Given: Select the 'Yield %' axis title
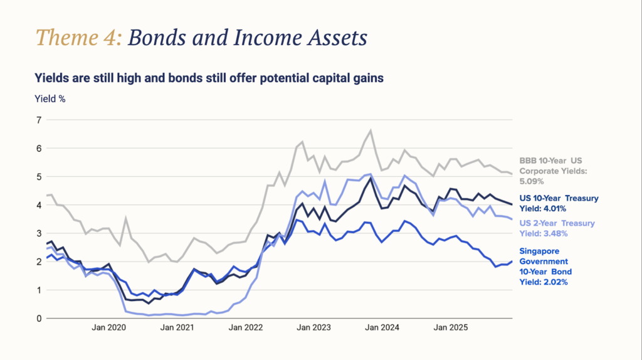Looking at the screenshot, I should [50, 98].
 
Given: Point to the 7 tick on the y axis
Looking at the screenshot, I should [38, 120].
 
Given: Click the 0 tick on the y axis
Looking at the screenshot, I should [38, 319].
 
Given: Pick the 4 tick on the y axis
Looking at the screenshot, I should [38, 205].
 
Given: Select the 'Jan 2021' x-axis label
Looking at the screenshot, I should [176, 327].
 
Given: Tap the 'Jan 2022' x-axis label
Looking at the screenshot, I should [245, 327].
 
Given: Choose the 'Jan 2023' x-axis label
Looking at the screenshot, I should [313, 327].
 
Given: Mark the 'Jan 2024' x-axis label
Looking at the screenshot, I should [382, 327].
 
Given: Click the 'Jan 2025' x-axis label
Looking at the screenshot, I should [450, 327].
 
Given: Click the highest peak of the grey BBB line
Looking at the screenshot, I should [371, 130].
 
